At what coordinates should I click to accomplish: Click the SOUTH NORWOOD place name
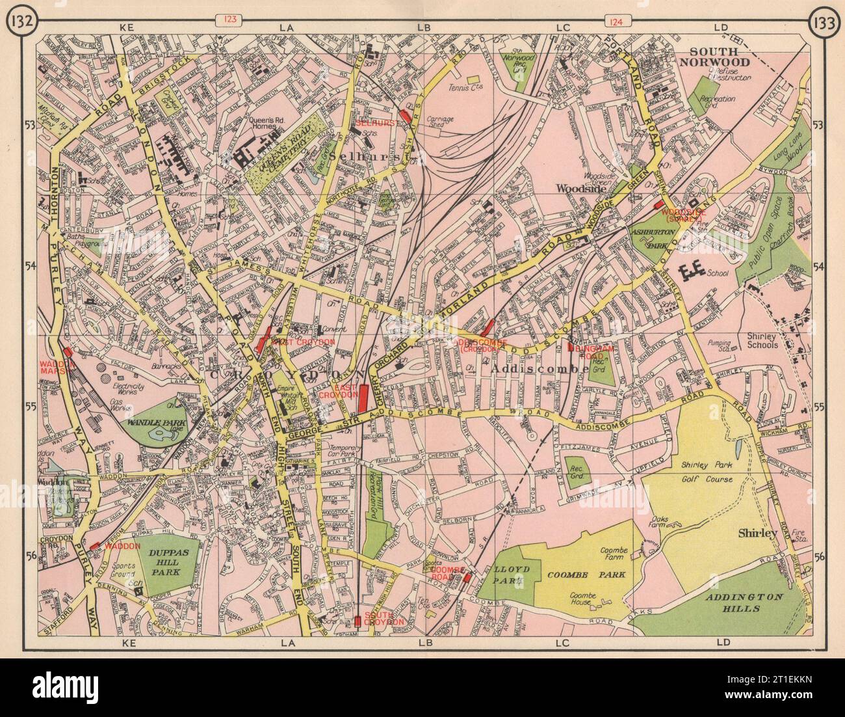(x=714, y=57)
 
